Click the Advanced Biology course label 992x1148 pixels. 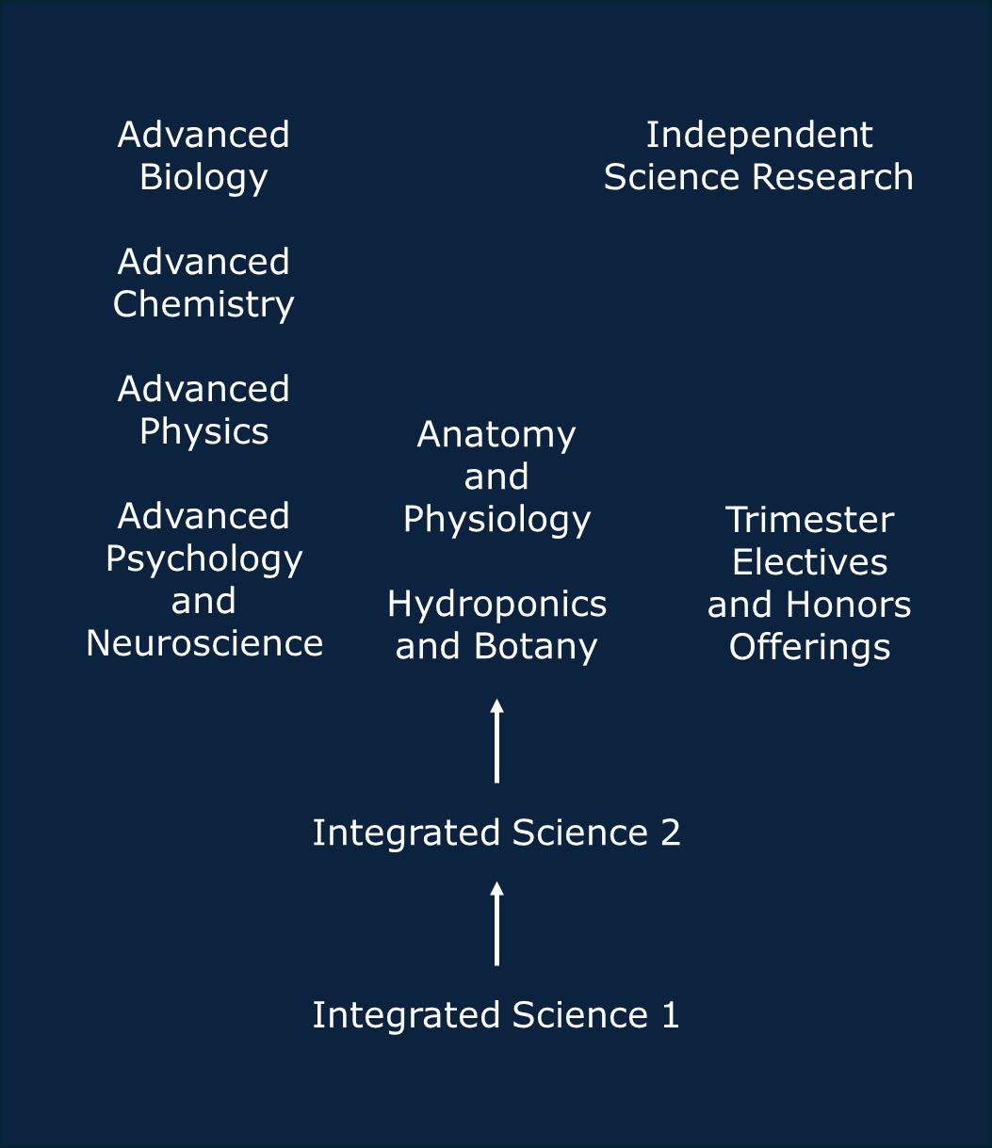[x=203, y=155]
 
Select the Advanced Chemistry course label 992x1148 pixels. [x=203, y=283]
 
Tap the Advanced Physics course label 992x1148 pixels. [x=203, y=410]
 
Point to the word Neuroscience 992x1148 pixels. [x=204, y=643]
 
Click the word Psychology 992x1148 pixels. [x=203, y=558]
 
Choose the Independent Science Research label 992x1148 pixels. [x=758, y=155]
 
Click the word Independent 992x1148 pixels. [x=758, y=135]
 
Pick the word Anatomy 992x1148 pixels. [x=496, y=434]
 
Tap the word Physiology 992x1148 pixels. [x=496, y=519]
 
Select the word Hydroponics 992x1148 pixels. [x=496, y=604]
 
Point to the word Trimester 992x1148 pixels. [x=809, y=520]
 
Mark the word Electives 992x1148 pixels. [x=809, y=562]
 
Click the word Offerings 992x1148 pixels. [x=809, y=647]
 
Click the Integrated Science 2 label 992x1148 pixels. [x=496, y=833]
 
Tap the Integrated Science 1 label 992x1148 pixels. [x=496, y=1015]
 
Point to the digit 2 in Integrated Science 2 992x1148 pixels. [x=670, y=833]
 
